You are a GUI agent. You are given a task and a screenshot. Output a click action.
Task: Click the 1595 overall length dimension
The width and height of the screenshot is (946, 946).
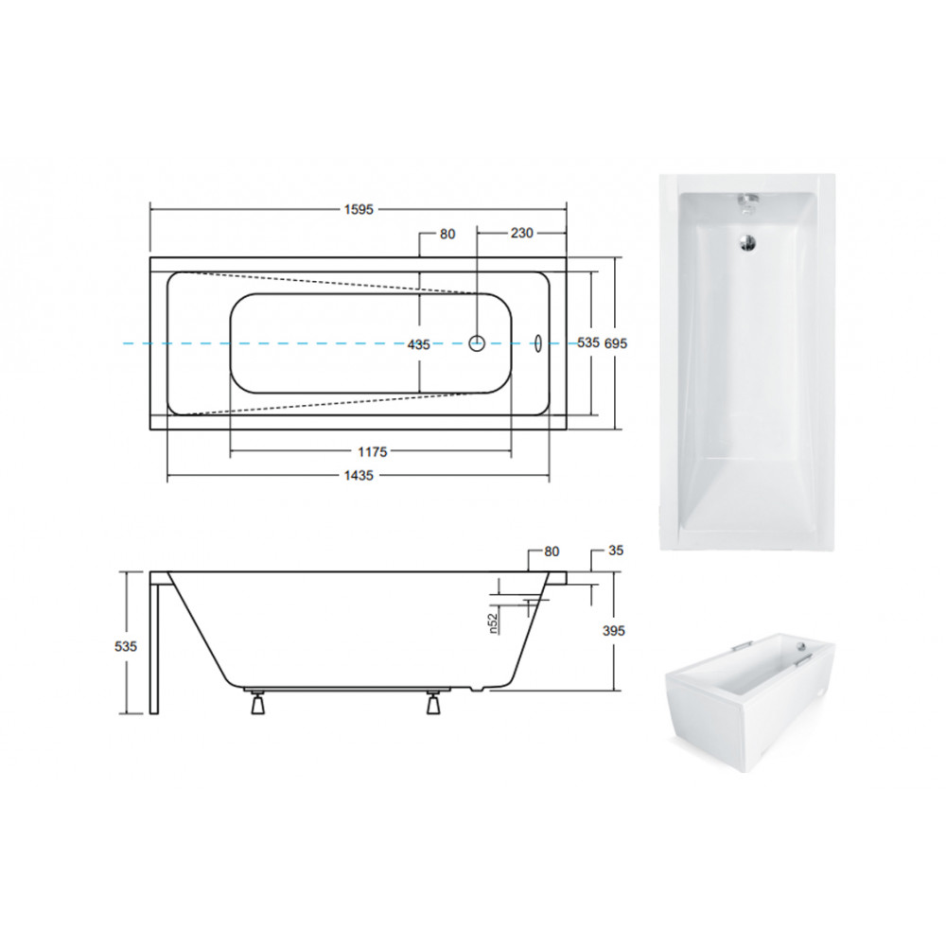(x=359, y=209)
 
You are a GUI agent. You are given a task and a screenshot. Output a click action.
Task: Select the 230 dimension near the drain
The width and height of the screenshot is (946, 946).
(x=522, y=233)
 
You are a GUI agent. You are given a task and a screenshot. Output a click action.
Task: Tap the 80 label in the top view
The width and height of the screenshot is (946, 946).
(x=447, y=234)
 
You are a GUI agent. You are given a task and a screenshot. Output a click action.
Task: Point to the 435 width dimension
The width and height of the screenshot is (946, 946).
(x=419, y=344)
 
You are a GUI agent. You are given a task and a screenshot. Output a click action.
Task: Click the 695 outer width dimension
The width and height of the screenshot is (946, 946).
(x=616, y=343)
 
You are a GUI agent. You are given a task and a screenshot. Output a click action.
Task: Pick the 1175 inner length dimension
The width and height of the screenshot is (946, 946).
(x=372, y=452)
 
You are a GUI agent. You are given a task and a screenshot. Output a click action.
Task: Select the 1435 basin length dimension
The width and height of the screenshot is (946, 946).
(x=359, y=476)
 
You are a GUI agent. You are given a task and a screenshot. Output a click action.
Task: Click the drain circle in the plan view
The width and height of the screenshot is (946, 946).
(x=477, y=343)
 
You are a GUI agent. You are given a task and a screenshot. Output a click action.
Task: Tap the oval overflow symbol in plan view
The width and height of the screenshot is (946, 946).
(x=538, y=343)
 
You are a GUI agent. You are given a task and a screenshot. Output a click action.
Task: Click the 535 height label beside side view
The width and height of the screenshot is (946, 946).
(x=126, y=646)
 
